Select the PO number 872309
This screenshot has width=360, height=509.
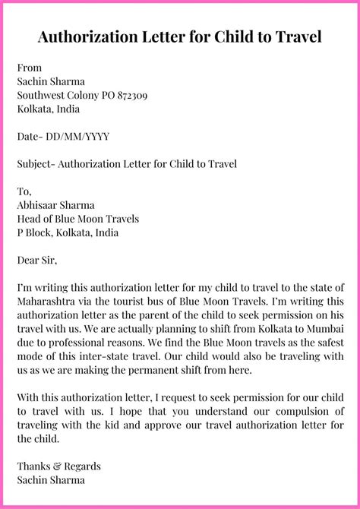point(127,96)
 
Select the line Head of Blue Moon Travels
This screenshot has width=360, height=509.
point(77,219)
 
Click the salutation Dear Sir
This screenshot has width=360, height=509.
point(36,260)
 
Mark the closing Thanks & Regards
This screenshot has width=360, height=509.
point(58,466)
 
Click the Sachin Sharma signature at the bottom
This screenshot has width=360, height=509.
point(51,479)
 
